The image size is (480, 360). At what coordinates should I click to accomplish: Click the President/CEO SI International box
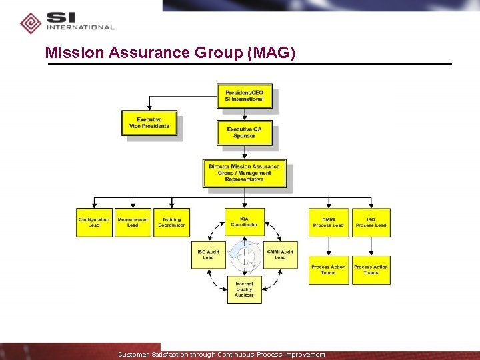pos(244,96)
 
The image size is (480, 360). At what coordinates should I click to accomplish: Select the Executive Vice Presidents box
pos(149,123)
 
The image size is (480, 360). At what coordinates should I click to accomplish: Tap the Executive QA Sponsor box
pos(244,132)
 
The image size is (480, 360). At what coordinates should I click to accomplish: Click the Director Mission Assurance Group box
pos(245,173)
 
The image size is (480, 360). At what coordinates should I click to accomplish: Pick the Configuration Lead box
pos(94,223)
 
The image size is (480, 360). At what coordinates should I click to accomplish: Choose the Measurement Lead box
pos(133,223)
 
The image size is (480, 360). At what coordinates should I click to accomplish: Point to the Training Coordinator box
pos(172,223)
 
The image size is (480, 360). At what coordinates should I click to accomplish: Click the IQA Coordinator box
pos(245,221)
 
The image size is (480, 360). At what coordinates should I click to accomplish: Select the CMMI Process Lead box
pos(329,223)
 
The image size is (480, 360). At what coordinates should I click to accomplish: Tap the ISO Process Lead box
pos(371,223)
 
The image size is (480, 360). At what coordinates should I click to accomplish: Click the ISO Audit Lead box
pos(209,255)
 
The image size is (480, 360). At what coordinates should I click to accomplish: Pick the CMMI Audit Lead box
pos(280,255)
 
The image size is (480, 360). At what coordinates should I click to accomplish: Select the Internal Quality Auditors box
pos(244,290)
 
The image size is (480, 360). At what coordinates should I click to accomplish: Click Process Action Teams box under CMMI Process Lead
pos(329,270)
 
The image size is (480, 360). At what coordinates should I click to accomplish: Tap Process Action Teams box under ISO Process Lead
pos(371,270)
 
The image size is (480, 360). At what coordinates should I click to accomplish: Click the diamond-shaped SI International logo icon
pos(31,23)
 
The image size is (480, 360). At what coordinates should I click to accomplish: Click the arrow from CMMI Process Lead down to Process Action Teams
pos(329,247)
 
